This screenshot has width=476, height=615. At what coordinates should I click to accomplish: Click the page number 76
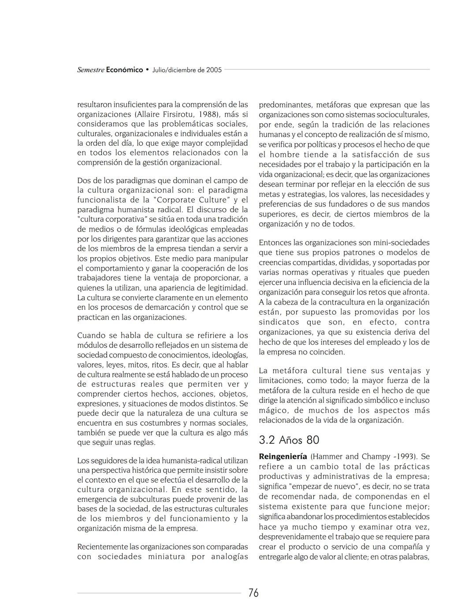pyautogui.click(x=253, y=593)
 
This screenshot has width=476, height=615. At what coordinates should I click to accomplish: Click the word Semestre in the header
pyautogui.click(x=91, y=70)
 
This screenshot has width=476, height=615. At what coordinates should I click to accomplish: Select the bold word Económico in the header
pyautogui.click(x=125, y=70)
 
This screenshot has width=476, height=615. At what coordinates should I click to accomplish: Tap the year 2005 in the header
pyautogui.click(x=214, y=70)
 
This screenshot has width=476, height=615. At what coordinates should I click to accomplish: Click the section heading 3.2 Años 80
pyautogui.click(x=289, y=440)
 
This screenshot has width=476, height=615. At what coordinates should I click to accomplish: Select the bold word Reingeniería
pyautogui.click(x=283, y=457)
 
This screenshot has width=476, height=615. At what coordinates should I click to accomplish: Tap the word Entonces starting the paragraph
pyautogui.click(x=275, y=243)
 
